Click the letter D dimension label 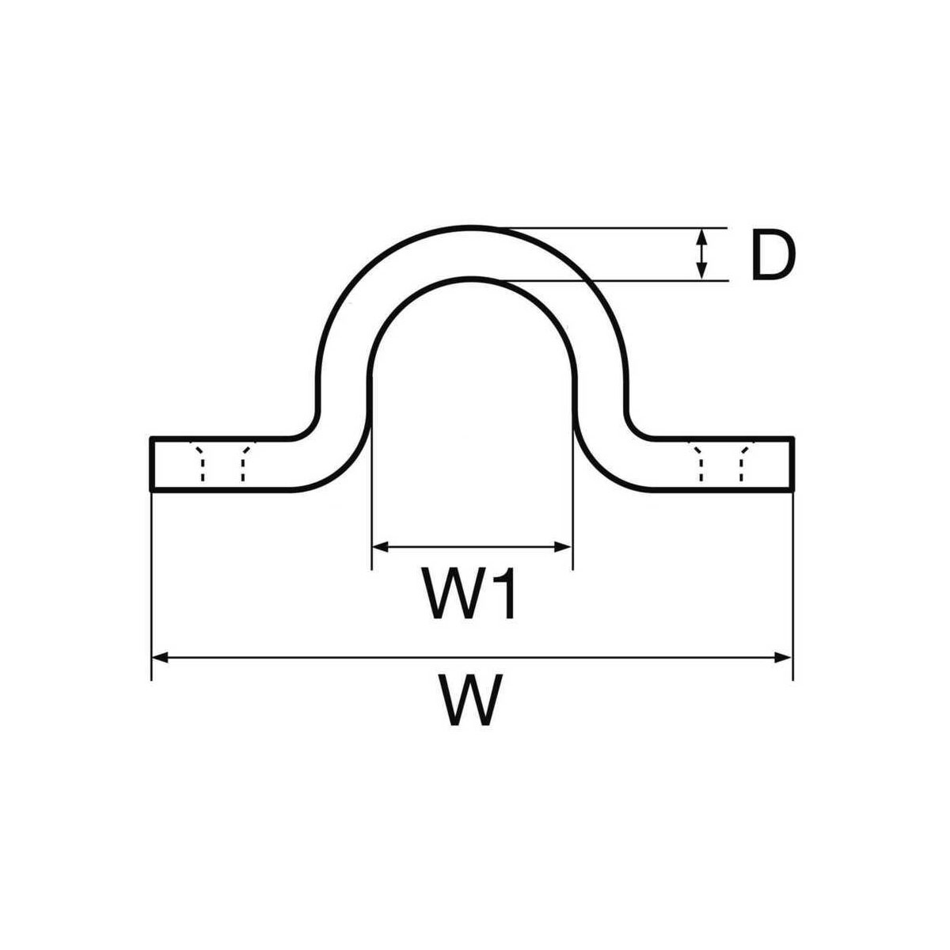pos(773,256)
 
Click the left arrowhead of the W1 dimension pos(381,547)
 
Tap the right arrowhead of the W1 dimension pos(563,547)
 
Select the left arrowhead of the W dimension pos(160,657)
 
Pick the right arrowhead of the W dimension pos(783,657)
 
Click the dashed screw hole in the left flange pos(222,461)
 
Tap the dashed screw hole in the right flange pos(720,461)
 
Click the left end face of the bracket pos(151,463)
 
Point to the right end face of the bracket pos(792,463)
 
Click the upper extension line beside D pos(611,228)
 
